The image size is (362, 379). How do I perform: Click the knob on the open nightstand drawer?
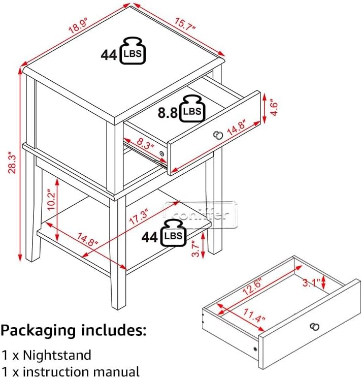(x=218, y=135)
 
